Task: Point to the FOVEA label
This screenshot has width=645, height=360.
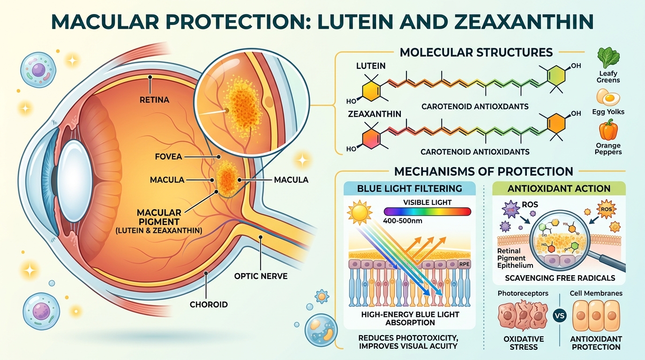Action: [x=168, y=157]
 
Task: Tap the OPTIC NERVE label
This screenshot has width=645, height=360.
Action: [x=261, y=276]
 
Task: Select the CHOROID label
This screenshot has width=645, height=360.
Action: [x=209, y=304]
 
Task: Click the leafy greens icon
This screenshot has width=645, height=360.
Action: [x=608, y=59]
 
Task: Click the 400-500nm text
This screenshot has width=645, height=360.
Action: [x=400, y=220]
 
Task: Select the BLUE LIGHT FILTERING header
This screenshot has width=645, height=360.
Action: [x=409, y=188]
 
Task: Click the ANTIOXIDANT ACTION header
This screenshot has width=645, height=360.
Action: [x=559, y=188]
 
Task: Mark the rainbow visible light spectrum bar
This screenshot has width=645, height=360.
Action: [x=427, y=211]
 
